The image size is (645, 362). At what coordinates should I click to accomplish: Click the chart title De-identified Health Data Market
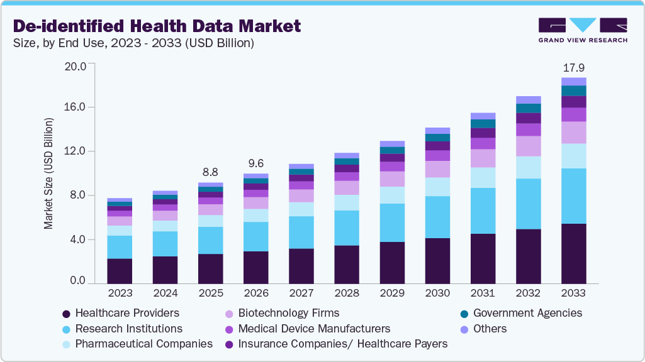pos(157,26)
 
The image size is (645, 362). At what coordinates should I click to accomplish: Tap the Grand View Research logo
pos(582,30)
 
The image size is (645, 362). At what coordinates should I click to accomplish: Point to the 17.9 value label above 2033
pos(573,67)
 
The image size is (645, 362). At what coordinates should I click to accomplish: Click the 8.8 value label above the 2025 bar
pos(210,171)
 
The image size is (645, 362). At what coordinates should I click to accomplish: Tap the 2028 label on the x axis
pos(347,293)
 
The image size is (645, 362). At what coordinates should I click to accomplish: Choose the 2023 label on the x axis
pos(120,293)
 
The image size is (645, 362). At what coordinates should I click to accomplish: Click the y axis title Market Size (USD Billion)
pos(48,173)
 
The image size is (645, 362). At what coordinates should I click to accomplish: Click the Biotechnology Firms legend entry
pos(282,313)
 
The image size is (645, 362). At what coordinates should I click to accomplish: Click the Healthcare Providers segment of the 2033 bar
pos(573,253)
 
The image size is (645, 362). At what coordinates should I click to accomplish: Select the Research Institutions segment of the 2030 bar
pos(437,217)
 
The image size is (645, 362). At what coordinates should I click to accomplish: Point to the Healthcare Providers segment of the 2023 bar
pos(120,271)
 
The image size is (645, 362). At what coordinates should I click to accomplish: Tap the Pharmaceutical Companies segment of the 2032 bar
pos(528,167)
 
